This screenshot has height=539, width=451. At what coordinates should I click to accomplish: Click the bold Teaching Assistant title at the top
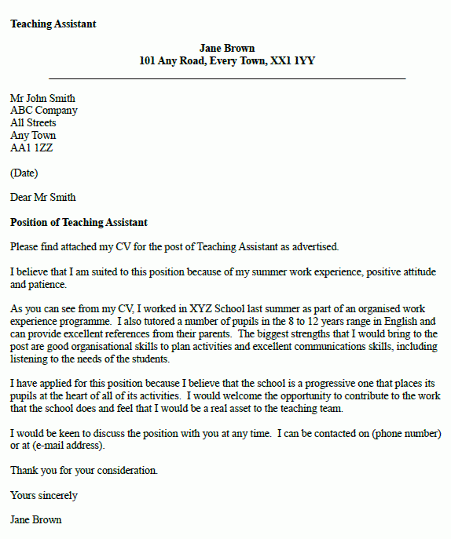point(53,24)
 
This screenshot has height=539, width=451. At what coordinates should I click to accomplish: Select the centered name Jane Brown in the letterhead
point(227,49)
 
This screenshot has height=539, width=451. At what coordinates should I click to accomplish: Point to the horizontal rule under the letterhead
point(227,78)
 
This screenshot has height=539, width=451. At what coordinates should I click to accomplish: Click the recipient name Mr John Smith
point(43,99)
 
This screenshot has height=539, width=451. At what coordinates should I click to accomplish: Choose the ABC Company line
point(44,111)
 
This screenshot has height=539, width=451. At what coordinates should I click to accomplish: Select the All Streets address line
point(33,123)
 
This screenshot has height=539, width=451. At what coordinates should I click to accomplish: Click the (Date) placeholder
point(24,173)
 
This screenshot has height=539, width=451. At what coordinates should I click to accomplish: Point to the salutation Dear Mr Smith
point(43,197)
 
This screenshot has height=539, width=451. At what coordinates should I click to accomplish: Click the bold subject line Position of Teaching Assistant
point(79,223)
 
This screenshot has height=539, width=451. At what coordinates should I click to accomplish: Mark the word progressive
point(350,384)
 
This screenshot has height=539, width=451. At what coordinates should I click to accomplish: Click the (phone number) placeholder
point(406,434)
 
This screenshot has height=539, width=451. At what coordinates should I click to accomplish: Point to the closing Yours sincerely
point(44,495)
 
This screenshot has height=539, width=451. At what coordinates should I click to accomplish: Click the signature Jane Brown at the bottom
point(36,520)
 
